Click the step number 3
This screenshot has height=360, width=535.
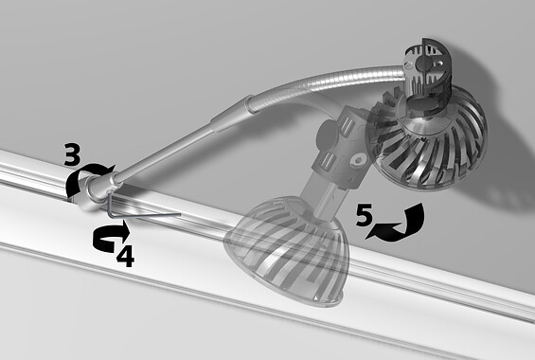[x=73, y=155]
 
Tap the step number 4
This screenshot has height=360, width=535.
[x=125, y=257]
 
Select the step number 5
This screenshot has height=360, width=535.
[x=364, y=215]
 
